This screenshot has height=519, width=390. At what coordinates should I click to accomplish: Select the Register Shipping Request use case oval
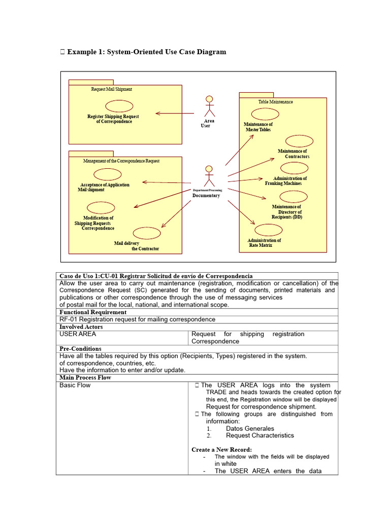119,105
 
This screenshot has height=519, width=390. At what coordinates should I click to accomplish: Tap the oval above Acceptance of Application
108,174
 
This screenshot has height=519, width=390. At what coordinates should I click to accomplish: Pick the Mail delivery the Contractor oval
147,233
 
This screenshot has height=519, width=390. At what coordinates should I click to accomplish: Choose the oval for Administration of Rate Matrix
268,230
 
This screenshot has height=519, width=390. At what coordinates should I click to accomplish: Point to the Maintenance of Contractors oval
299,141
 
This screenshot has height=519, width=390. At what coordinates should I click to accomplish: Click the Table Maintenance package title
275,102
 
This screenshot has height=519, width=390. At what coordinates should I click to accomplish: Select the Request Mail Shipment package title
111,89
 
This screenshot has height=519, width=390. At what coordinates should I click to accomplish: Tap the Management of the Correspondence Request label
121,161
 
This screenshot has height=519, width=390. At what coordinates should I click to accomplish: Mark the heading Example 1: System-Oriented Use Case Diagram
146,52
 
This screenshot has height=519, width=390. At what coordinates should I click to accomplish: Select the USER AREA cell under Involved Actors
78,334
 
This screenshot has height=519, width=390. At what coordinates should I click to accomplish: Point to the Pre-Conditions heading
80,349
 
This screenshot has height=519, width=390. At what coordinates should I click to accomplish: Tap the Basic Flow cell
75,385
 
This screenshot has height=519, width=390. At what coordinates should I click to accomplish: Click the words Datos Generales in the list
250,428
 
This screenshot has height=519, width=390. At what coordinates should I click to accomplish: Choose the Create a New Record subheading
221,450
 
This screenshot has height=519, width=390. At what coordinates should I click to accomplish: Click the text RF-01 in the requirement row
68,319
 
